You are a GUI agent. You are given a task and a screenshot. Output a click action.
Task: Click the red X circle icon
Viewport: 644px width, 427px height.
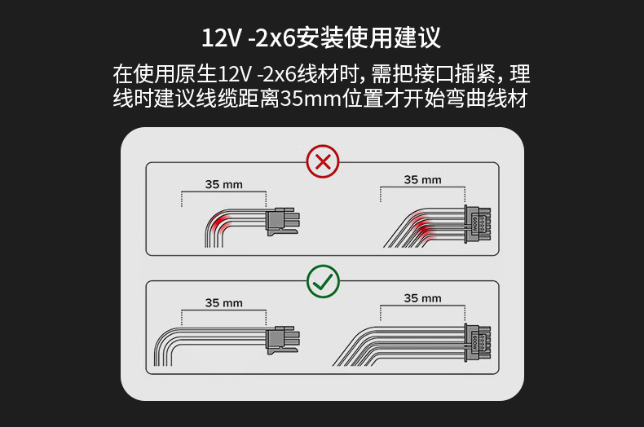[x=323, y=161]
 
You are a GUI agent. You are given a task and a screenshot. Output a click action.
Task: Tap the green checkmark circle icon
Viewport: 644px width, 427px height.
[x=324, y=281]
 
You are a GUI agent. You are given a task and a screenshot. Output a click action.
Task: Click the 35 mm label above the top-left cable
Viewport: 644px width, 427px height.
[x=224, y=184]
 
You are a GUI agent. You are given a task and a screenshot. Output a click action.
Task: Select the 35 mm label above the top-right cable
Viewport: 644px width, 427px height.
[x=422, y=180]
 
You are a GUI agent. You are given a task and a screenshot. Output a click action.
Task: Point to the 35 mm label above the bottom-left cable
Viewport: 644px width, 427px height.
[x=224, y=303]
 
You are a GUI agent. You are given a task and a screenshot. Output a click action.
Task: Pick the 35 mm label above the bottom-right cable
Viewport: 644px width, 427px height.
[x=422, y=298]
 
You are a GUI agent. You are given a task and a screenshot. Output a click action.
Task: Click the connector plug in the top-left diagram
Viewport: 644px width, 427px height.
[x=283, y=222]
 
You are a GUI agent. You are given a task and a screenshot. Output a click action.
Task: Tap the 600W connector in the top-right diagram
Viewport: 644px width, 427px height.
[x=477, y=224]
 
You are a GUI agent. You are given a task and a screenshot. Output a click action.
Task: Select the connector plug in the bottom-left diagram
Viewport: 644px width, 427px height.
[x=283, y=341]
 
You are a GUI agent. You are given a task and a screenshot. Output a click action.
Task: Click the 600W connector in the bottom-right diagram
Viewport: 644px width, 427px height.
[x=477, y=342]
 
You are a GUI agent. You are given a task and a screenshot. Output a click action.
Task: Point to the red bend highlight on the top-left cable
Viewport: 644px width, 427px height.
[x=218, y=224]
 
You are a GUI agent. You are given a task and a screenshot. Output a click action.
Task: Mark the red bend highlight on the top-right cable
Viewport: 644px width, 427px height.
[x=425, y=227]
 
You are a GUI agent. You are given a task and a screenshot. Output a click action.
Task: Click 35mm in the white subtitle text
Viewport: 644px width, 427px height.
[x=311, y=99]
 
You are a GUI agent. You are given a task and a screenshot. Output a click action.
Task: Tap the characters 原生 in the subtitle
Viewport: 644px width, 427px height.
[x=196, y=74]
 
